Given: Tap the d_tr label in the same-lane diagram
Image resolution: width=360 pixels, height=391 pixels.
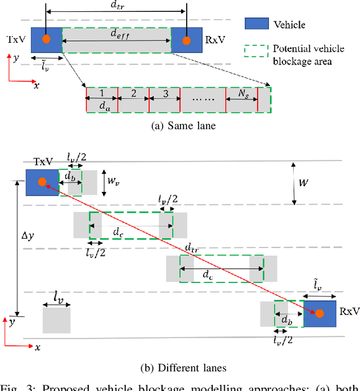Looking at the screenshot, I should [x=116, y=5].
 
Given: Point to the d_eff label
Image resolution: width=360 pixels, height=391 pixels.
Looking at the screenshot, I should [x=118, y=34].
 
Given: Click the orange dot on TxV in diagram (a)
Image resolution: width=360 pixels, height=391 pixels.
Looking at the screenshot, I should [x=46, y=40].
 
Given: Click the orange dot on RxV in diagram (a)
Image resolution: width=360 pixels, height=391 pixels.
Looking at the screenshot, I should [x=187, y=40].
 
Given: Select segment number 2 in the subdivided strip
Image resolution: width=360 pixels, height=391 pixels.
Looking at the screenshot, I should [x=133, y=93].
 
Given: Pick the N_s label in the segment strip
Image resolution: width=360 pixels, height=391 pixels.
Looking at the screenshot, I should [x=241, y=93].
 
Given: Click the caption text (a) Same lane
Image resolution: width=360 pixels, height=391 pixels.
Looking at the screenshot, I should [x=183, y=126].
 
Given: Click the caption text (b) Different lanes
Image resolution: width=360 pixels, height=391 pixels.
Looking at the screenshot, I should [x=183, y=368].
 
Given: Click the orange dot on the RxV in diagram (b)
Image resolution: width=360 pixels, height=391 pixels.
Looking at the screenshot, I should [x=319, y=313].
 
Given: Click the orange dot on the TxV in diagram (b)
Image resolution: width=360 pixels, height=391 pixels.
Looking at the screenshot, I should [x=42, y=181].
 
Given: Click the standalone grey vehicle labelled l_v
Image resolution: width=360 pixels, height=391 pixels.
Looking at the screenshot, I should [x=56, y=319].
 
